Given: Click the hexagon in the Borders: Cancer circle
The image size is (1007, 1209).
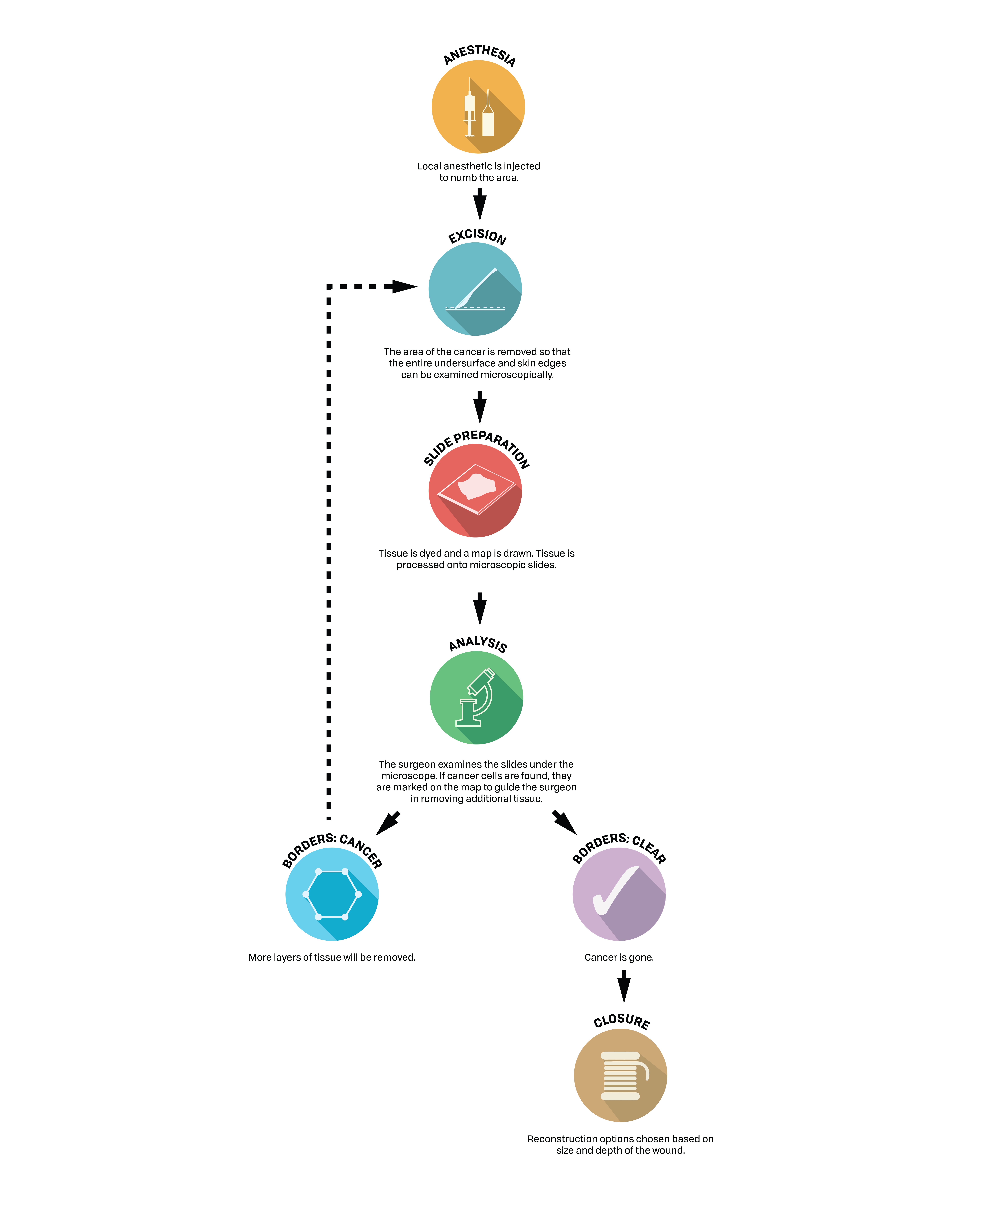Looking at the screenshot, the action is [x=332, y=894].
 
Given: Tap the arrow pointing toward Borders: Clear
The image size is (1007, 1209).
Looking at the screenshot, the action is [x=564, y=822].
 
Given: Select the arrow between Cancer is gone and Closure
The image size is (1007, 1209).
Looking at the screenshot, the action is [x=624, y=986].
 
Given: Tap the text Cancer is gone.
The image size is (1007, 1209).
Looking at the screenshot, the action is [x=619, y=957].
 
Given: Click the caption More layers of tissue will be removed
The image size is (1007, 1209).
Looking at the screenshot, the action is [x=332, y=957].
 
